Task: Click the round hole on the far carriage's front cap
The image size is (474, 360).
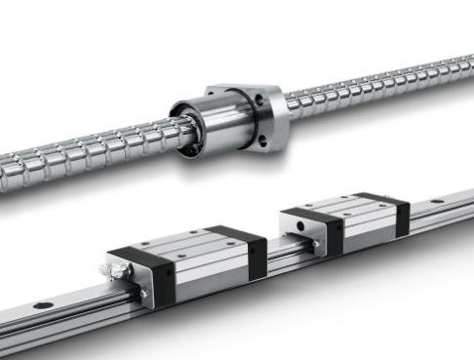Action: point(300,227)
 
